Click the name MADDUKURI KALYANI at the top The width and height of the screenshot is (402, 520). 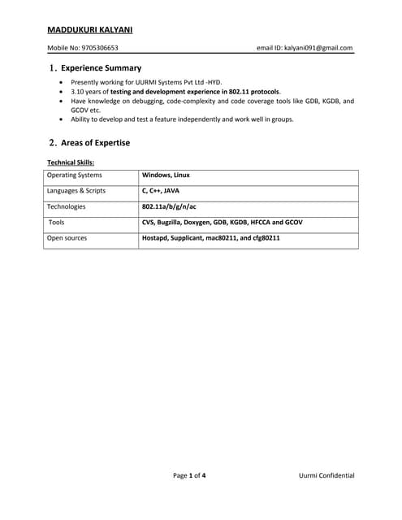pyautogui.click(x=90, y=30)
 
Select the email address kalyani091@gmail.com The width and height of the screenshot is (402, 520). pyautogui.click(x=318, y=48)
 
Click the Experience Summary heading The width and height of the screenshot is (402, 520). pyautogui.click(x=101, y=68)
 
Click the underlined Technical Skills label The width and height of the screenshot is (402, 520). pyautogui.click(x=71, y=162)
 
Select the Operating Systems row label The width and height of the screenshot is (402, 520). pyautogui.click(x=75, y=175)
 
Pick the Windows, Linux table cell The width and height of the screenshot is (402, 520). pyautogui.click(x=166, y=175)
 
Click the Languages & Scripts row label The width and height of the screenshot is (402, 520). pyautogui.click(x=76, y=191)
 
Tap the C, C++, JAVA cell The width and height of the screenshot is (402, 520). pyautogui.click(x=161, y=191)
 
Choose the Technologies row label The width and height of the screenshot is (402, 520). pyautogui.click(x=67, y=206)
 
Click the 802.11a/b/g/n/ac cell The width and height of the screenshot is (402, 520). pyautogui.click(x=169, y=206)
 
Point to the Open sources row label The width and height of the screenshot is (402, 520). pyautogui.click(x=67, y=238)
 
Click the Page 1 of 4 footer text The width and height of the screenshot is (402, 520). pyautogui.click(x=189, y=475)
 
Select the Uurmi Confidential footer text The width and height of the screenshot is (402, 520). pyautogui.click(x=326, y=475)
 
